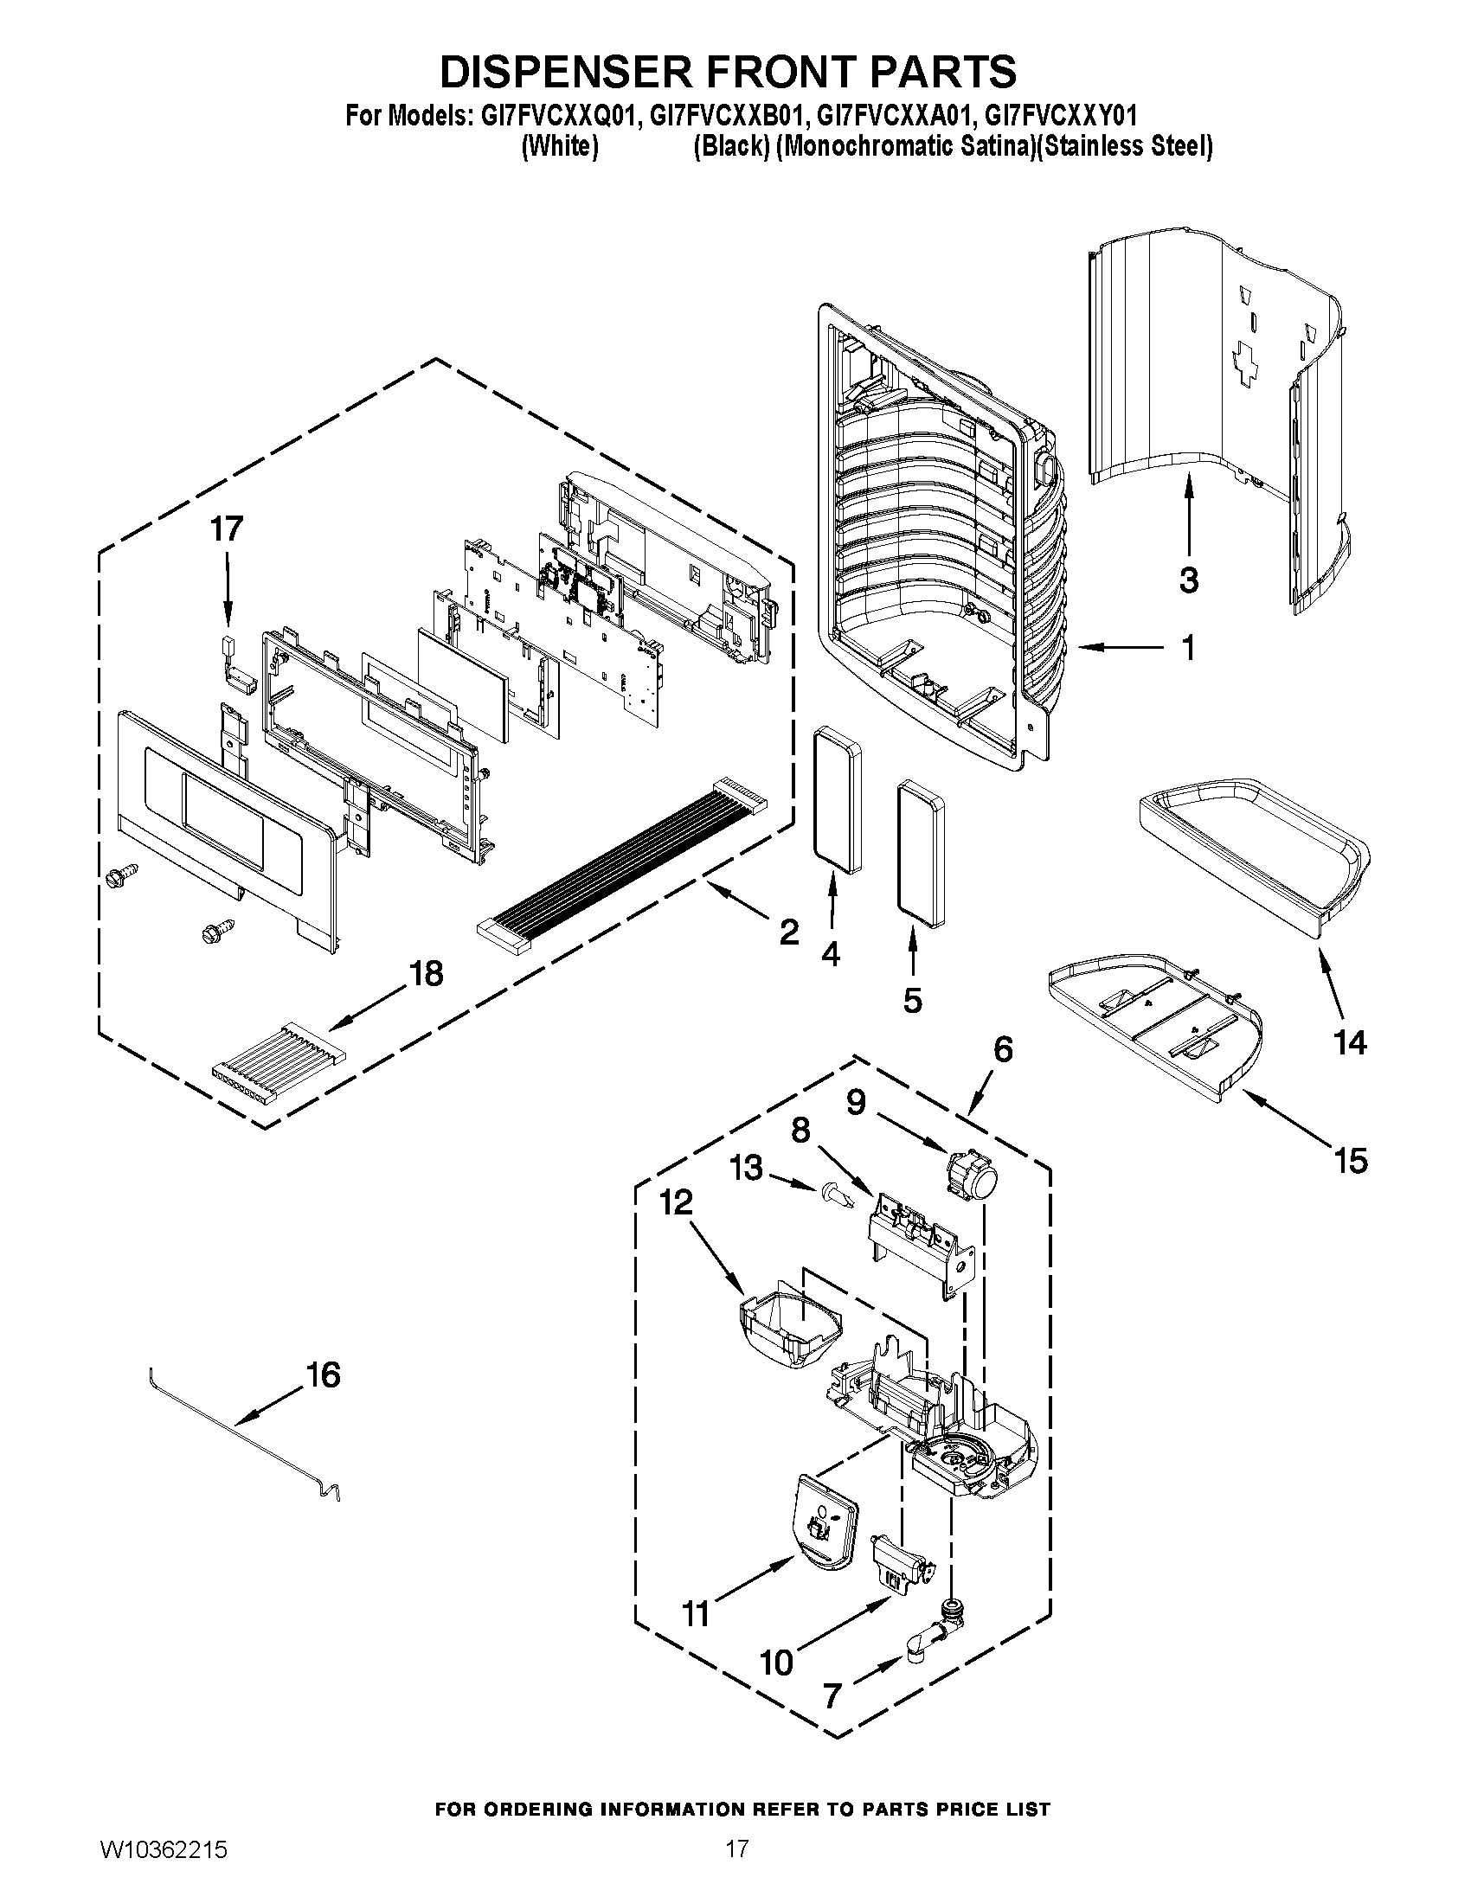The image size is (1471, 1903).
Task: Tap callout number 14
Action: click(x=1350, y=1042)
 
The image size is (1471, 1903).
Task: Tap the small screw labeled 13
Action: click(x=835, y=1194)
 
